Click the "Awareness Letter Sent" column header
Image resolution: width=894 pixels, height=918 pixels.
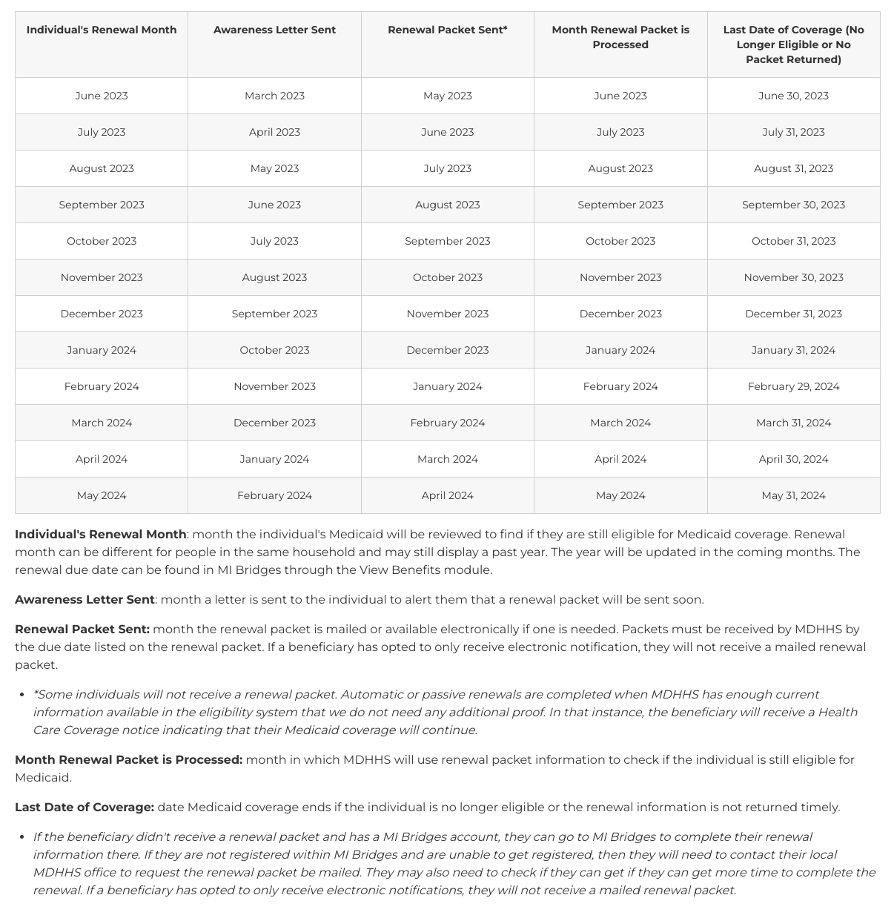(274, 30)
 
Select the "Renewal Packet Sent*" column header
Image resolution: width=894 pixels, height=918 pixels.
(447, 30)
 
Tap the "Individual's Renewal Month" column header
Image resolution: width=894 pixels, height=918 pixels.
(102, 30)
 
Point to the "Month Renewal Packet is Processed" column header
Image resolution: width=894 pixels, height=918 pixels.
(620, 37)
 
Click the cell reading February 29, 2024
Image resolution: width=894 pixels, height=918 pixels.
(793, 386)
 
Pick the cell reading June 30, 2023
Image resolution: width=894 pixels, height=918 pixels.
(793, 96)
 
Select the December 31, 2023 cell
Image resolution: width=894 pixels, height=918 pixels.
(793, 314)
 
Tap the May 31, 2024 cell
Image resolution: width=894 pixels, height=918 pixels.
(793, 495)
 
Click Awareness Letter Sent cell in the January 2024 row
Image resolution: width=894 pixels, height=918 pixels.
(274, 350)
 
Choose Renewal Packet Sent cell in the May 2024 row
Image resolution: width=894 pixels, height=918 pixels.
(447, 495)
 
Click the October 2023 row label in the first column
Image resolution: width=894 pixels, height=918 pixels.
(102, 241)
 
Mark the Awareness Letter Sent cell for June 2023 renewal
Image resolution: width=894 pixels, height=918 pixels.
(274, 96)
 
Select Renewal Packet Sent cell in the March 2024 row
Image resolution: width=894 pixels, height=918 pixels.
(447, 423)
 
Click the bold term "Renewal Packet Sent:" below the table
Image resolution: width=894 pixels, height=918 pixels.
(82, 629)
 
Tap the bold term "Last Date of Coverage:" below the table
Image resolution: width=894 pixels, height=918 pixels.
(85, 807)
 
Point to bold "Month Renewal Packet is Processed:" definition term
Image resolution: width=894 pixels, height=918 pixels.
(128, 759)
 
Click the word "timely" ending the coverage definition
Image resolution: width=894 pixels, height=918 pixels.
(819, 807)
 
